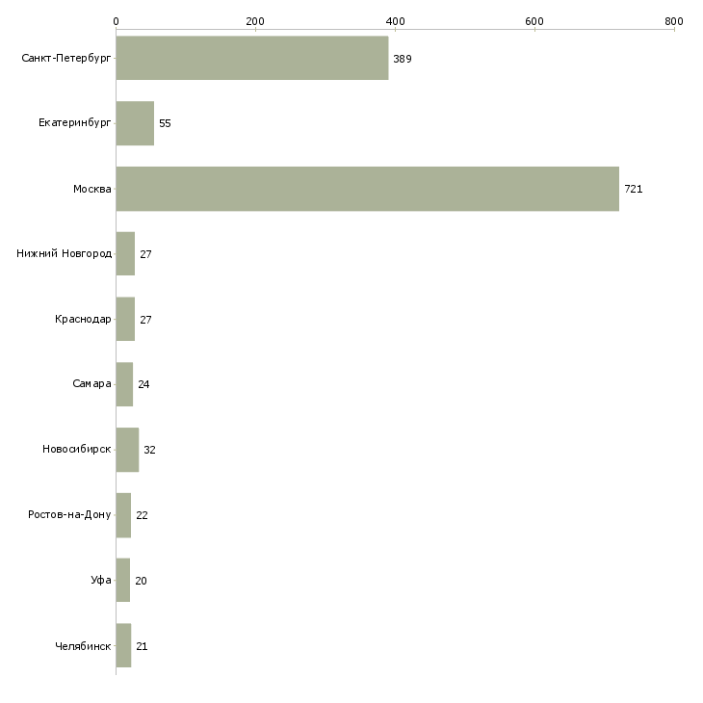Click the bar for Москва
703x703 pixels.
(x=367, y=189)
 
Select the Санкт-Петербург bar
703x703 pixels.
(x=251, y=59)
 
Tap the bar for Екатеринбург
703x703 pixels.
(x=135, y=123)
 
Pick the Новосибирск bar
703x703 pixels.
(x=127, y=450)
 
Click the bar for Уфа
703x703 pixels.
(x=122, y=581)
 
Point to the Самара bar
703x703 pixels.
(x=124, y=384)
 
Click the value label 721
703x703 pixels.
(x=633, y=189)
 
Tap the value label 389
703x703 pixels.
(x=403, y=59)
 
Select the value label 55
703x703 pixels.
(x=165, y=123)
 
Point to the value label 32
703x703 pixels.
(x=149, y=450)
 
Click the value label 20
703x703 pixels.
(x=142, y=581)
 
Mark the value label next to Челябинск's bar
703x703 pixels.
(x=142, y=646)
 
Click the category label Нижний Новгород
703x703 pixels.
(x=65, y=254)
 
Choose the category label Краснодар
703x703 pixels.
(x=83, y=319)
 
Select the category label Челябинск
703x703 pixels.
(x=83, y=646)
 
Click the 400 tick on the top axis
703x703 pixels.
(x=395, y=20)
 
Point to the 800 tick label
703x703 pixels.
(x=674, y=20)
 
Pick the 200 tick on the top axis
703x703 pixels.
(x=255, y=20)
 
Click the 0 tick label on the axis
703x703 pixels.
(x=116, y=20)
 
